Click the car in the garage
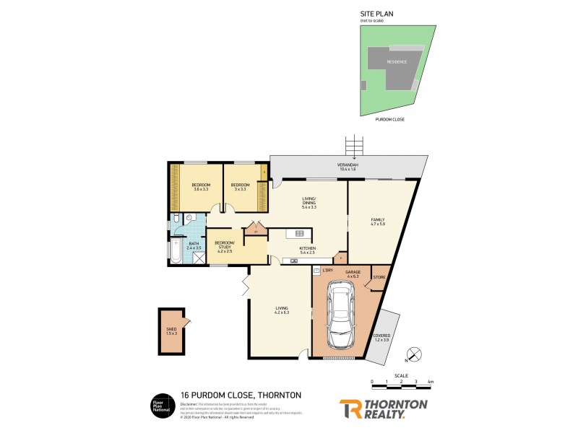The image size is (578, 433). point(340,315)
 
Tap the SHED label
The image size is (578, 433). point(171,331)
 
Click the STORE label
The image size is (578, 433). point(379,276)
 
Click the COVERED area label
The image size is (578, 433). point(381,337)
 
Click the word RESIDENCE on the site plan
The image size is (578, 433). point(397,62)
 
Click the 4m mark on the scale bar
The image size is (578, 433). point(431,380)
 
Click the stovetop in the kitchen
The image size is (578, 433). point(299,232)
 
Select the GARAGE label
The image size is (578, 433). point(352,271)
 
